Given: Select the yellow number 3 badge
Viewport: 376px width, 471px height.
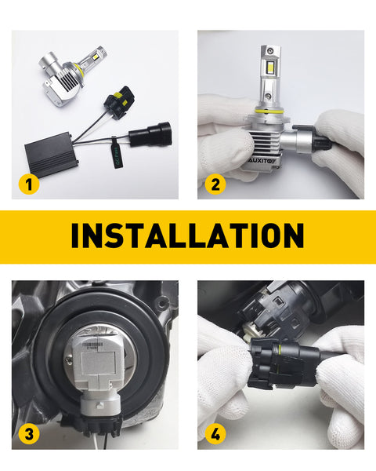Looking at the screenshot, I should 29,433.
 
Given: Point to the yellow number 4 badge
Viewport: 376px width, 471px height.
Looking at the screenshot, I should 214,433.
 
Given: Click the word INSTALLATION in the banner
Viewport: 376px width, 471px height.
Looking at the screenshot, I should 187,235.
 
